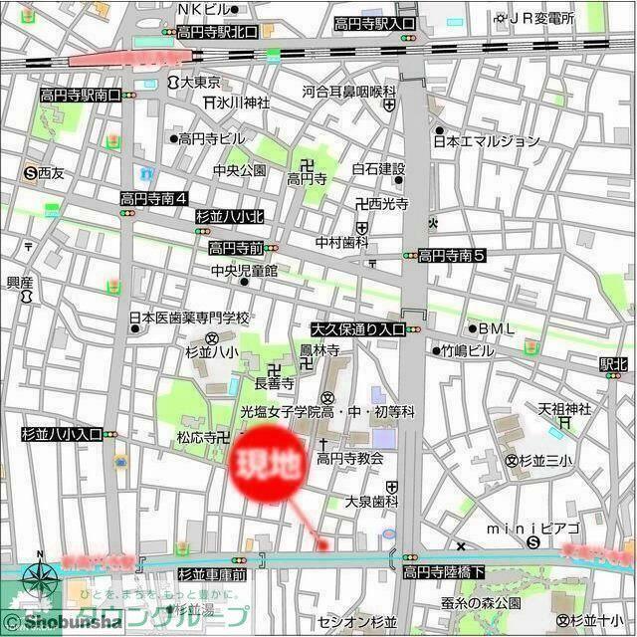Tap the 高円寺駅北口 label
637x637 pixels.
[217, 32]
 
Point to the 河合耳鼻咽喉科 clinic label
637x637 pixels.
[349, 92]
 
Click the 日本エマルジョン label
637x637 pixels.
[486, 141]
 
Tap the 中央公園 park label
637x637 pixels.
[239, 170]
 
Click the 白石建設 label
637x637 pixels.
[378, 168]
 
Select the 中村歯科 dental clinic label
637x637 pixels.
[342, 242]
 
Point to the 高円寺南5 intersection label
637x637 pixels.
[451, 256]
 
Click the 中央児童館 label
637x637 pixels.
[244, 270]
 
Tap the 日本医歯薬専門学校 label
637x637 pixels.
[189, 318]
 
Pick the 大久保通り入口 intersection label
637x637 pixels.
[358, 328]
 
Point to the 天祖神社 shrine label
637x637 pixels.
[564, 408]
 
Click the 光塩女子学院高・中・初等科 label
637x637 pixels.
[326, 411]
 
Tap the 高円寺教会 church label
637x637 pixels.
[350, 459]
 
